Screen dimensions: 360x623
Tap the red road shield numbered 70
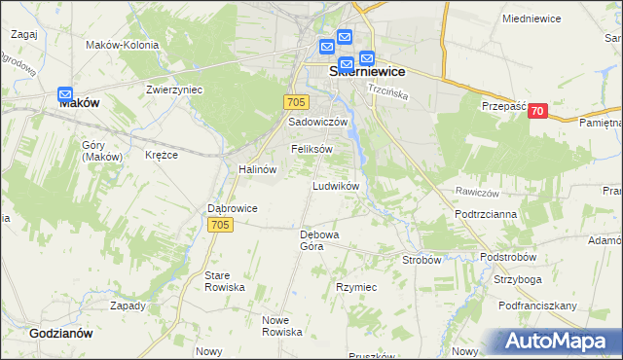point(537,112)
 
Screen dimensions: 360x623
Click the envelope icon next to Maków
point(65,95)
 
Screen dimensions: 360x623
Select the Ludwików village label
point(337,185)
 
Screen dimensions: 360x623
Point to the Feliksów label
point(312,149)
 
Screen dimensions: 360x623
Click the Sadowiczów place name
point(317,123)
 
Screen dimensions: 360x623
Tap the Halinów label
point(258,168)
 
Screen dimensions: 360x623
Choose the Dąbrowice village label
point(232,208)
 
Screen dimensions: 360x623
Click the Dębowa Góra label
point(318,240)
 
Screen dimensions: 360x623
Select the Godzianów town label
point(60,332)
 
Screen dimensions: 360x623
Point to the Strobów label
point(422,260)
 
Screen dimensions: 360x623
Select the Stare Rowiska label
point(224,282)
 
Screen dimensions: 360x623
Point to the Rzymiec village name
point(356,288)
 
